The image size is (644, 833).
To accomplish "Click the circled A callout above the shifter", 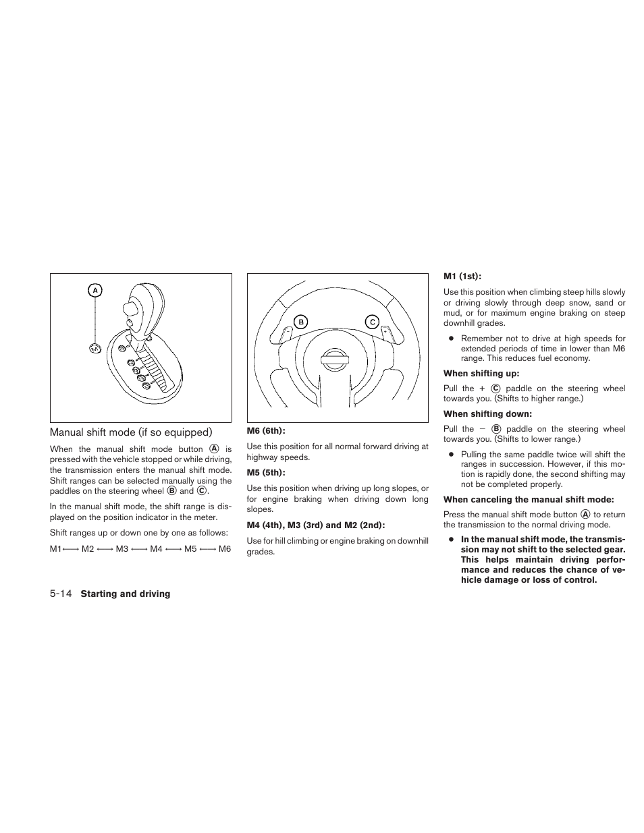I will tap(95, 291).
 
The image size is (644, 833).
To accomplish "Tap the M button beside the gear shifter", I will tap(95, 349).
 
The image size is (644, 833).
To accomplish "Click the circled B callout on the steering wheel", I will tap(301, 322).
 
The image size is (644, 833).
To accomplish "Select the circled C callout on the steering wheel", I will tap(372, 322).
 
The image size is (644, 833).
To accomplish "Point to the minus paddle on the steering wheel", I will tap(288, 332).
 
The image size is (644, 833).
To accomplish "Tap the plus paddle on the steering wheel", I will tap(385, 331).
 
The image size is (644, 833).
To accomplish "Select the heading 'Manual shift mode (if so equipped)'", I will tap(131, 432).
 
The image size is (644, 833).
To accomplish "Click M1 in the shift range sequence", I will tap(55, 549).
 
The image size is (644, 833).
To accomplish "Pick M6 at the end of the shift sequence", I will tap(225, 549).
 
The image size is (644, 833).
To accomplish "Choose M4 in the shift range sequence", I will tap(157, 549).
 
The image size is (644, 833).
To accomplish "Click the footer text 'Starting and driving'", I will tap(126, 594).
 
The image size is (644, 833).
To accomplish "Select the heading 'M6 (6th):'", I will tap(266, 431).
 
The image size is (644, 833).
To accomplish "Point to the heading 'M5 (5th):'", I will tap(266, 473).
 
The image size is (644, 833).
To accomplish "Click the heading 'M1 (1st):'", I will tap(462, 276).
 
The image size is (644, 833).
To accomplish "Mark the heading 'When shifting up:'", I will tap(481, 374).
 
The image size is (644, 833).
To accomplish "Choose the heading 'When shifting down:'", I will tap(487, 414).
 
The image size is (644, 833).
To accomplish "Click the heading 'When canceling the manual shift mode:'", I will tap(529, 500).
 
